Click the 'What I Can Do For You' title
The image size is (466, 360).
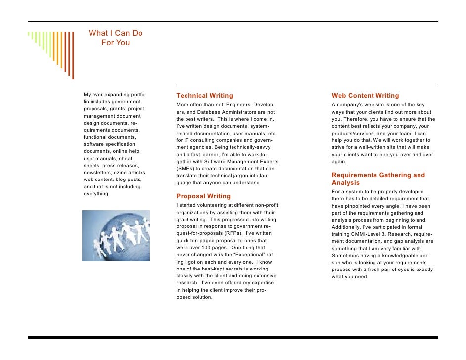115,38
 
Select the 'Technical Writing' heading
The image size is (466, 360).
204,96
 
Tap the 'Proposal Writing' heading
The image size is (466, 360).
203,196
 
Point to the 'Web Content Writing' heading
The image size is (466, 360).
365,96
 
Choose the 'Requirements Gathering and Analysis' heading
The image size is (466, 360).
378,179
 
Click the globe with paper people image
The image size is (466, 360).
116,235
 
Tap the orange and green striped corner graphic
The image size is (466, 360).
51,52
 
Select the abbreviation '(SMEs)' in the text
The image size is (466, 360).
186,169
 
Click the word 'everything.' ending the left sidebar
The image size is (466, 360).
96,194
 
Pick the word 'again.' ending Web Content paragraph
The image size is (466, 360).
339,162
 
